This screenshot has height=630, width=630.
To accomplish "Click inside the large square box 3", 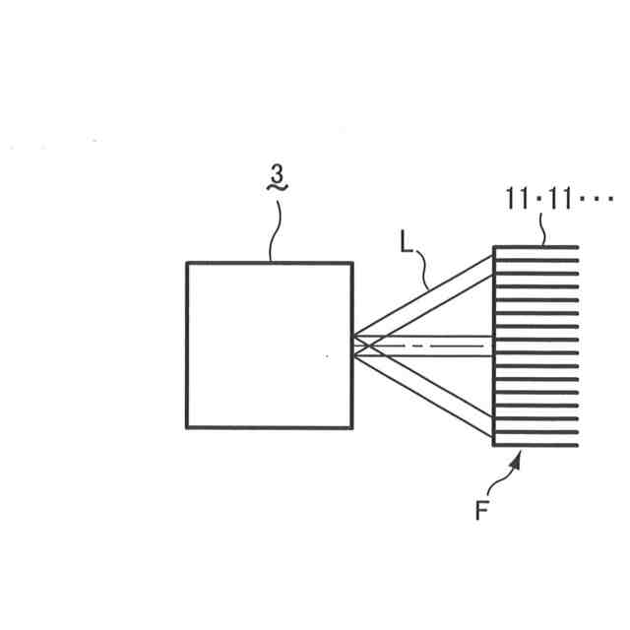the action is coord(269,345).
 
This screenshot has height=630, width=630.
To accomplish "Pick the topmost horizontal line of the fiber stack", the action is coord(535,247).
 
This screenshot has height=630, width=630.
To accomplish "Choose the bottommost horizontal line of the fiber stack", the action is coord(535,444).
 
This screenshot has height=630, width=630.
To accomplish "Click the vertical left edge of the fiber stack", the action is coord(493,345).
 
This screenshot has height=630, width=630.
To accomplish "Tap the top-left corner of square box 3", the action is coord(187,263).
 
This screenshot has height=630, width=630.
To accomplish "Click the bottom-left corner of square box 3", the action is coord(187,427).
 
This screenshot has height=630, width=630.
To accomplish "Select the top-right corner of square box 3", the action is coord(351,263).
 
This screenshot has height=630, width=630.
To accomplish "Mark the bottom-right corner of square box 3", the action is coord(351,427).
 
